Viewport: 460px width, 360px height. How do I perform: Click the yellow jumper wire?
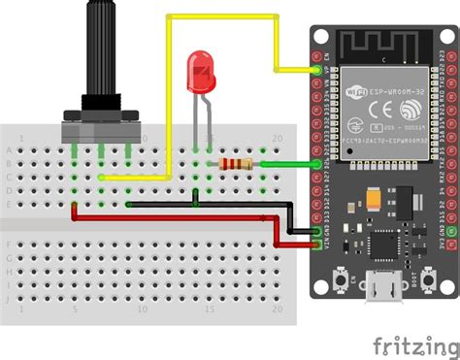click(x=170, y=97)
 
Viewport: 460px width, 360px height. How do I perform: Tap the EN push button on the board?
click(x=342, y=282)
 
